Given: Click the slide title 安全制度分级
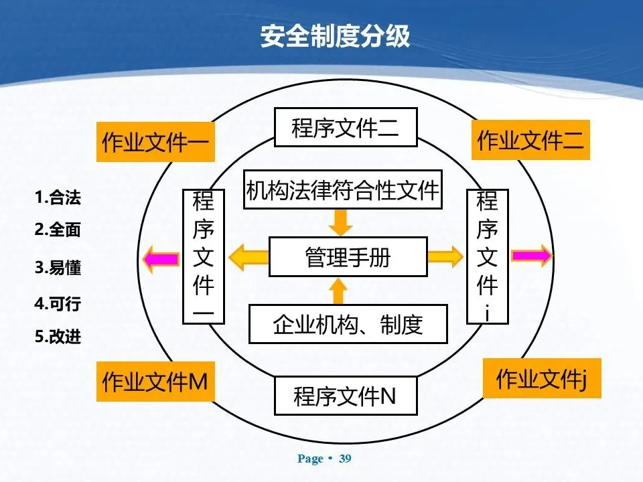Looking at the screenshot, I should click(x=335, y=37).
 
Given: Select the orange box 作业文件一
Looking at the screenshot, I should click(x=155, y=142).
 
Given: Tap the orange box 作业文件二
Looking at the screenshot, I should click(x=530, y=140).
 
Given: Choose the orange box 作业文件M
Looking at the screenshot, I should click(x=155, y=382).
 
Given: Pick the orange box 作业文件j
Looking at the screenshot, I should click(x=541, y=379).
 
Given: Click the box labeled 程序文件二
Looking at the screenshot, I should click(x=346, y=128).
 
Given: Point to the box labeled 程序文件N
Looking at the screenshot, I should click(x=346, y=396).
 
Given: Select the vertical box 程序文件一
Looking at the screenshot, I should click(x=204, y=257).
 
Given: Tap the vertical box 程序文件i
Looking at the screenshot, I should click(x=487, y=257).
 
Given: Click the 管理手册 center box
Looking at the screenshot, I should click(x=348, y=257).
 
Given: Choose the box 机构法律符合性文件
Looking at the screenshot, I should click(x=342, y=190).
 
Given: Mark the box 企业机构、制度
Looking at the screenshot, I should click(x=348, y=324).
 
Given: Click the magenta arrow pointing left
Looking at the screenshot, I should click(x=161, y=257).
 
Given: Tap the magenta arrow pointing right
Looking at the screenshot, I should click(x=532, y=256).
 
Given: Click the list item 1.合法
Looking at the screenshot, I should click(x=58, y=198).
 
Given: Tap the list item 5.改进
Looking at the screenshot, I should click(x=58, y=337).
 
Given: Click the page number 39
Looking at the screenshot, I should click(x=345, y=459).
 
